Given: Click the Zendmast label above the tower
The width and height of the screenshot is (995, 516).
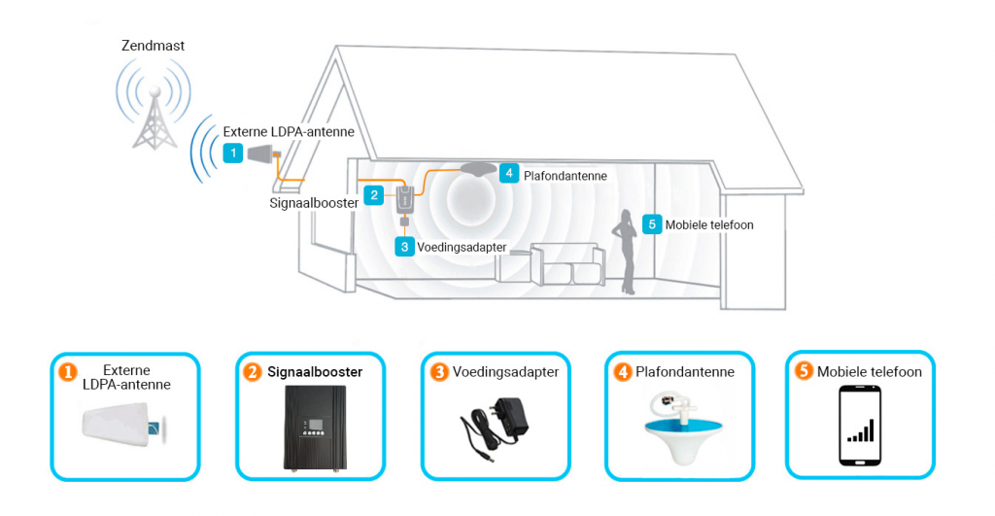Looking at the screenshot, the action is point(153,46).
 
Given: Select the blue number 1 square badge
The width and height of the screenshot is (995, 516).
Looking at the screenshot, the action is point(233,153).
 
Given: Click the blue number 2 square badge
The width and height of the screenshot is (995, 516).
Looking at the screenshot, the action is point(374,195).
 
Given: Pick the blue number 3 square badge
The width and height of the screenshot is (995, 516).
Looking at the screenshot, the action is point(404,247).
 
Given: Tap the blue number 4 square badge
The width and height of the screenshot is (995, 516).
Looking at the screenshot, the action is point(509,173).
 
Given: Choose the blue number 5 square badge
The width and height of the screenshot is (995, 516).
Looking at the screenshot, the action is point(652,224).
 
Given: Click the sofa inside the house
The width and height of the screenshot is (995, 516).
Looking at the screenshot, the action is point(550,263).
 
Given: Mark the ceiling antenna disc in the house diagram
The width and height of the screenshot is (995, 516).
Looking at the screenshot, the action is point(478,169).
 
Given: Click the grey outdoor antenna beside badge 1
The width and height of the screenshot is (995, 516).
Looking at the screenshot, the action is point(260,154).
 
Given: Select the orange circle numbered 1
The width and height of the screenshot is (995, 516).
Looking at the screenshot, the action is point(67,372).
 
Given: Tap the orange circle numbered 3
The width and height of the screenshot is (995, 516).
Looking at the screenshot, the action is point(438,372).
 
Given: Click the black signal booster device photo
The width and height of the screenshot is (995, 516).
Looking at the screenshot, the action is point(315,428).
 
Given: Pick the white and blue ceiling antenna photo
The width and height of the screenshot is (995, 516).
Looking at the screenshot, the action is point(680,427).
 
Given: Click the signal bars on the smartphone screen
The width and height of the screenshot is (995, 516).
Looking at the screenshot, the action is point(861,430).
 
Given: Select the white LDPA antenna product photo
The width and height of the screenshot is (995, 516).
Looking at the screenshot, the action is point(123,426).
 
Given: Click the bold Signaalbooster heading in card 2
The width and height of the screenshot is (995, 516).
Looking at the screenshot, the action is point(315,372).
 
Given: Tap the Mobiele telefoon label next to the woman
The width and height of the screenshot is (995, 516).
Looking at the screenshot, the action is point(709,224).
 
